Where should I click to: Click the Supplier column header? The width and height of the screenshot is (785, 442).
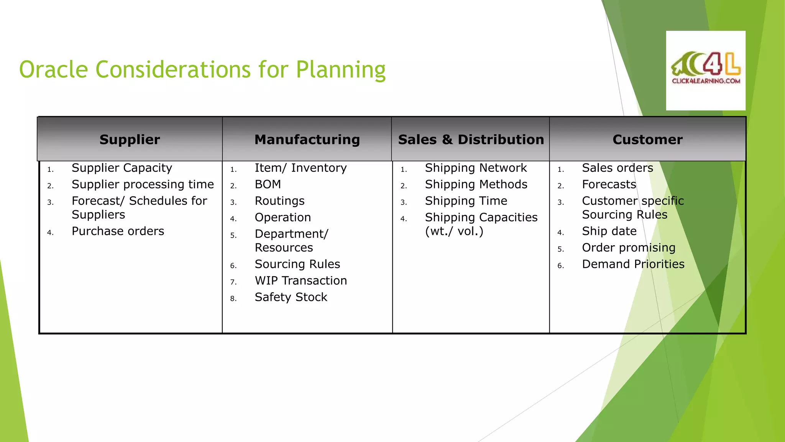pyautogui.click(x=130, y=139)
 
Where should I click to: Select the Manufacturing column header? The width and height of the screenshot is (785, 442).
pyautogui.click(x=307, y=139)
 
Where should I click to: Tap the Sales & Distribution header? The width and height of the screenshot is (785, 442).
pyautogui.click(x=471, y=139)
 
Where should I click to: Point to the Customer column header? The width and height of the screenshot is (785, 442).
pyautogui.click(x=647, y=139)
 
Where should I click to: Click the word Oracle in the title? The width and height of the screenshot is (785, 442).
pyautogui.click(x=54, y=70)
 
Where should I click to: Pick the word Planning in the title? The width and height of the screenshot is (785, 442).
pyautogui.click(x=340, y=71)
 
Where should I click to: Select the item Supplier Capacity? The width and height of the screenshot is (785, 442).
pyautogui.click(x=122, y=168)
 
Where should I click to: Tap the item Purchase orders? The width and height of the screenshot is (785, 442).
pyautogui.click(x=118, y=231)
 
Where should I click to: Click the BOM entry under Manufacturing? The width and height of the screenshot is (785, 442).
pyautogui.click(x=268, y=185)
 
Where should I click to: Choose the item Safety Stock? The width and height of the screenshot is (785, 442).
pyautogui.click(x=291, y=297)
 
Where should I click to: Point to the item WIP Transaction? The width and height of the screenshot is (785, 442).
pyautogui.click(x=301, y=281)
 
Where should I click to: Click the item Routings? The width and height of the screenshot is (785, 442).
pyautogui.click(x=279, y=201)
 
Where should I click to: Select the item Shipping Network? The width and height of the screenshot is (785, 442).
pyautogui.click(x=476, y=168)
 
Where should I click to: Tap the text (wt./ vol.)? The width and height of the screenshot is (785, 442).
pyautogui.click(x=454, y=231)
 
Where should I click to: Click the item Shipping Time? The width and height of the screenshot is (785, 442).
pyautogui.click(x=466, y=201)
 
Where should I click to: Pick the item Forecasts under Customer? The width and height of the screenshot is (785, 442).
pyautogui.click(x=609, y=185)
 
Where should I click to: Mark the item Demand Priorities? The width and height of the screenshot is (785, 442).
pyautogui.click(x=633, y=264)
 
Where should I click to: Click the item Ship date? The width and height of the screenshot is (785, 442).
pyautogui.click(x=609, y=231)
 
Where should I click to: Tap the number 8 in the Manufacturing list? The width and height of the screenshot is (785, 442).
pyautogui.click(x=233, y=299)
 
